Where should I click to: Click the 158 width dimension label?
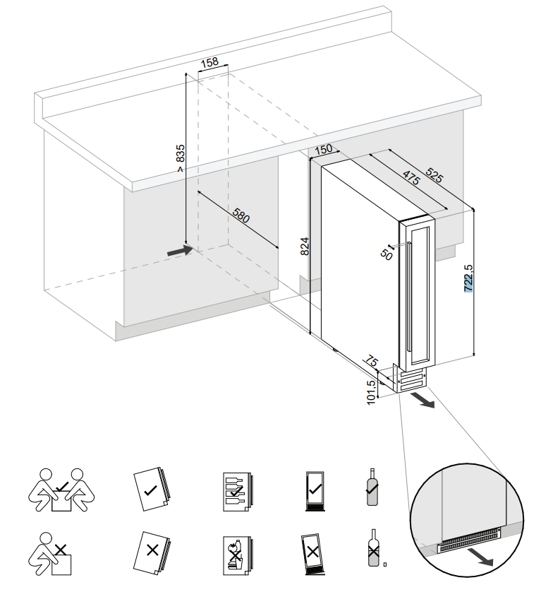click(209, 63)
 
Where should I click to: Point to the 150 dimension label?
click(323, 150)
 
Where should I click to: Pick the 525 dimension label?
click(434, 174)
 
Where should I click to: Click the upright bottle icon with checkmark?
click(372, 487)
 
